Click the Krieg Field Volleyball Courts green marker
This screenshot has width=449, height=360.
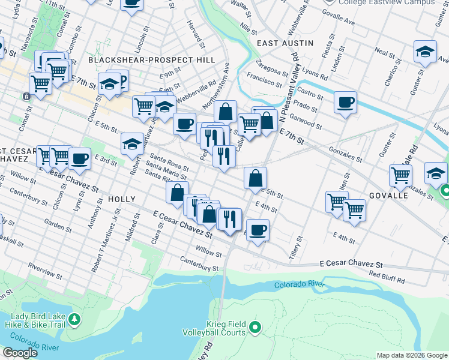255,327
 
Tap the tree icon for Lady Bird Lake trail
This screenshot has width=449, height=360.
74,319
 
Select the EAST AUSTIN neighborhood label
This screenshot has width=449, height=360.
285,43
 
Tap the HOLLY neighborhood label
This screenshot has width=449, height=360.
122,199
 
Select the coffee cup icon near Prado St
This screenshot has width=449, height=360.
345,103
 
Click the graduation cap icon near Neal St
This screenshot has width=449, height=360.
425,52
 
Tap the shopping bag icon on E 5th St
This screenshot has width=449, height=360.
255,178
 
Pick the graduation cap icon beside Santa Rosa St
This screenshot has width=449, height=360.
132,144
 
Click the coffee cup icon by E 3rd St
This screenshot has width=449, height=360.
79,159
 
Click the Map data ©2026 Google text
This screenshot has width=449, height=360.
411,355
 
